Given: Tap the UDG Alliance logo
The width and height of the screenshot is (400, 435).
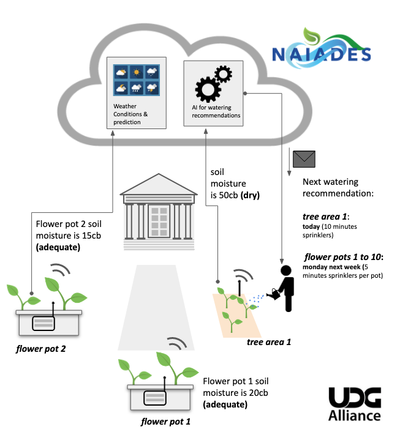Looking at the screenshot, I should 355,405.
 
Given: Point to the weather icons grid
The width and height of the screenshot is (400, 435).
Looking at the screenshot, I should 135,80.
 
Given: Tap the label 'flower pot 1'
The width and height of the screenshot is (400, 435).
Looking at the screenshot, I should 165,422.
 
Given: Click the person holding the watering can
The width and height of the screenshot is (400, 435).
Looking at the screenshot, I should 285,288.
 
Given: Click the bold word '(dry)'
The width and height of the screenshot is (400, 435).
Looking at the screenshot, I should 250,196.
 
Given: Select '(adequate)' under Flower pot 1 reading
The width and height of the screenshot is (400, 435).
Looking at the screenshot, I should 225,405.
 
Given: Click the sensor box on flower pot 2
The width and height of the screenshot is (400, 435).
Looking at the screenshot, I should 43,322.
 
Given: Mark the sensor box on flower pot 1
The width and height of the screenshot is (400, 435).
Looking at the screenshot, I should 156,397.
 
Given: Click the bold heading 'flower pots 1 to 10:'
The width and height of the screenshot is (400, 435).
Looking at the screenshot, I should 344,257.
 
